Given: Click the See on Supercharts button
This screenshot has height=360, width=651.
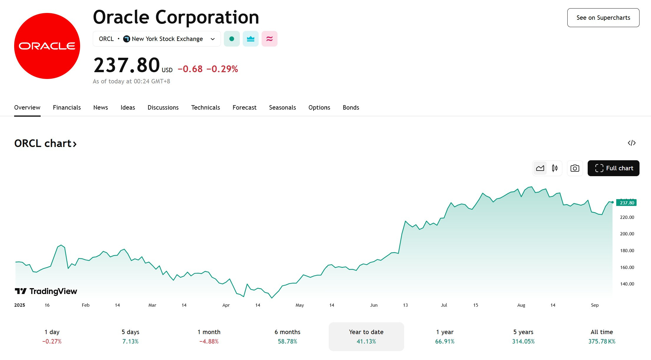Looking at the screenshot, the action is click(x=603, y=18).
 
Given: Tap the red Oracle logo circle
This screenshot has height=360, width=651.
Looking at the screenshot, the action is click(x=47, y=46).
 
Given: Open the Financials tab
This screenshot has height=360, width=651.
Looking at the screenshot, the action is click(x=67, y=108).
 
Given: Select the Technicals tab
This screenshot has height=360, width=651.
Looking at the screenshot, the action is click(x=206, y=108).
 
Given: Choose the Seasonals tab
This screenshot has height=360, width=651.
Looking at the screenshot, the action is click(x=282, y=108).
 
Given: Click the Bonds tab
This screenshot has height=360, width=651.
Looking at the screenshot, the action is click(x=351, y=108).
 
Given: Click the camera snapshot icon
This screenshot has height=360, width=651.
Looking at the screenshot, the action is click(x=575, y=168).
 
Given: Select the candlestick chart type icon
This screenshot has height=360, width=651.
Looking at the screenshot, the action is click(x=555, y=168).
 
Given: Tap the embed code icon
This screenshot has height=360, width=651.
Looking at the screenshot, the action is click(x=632, y=143).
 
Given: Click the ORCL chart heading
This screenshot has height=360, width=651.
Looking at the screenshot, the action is click(x=45, y=143).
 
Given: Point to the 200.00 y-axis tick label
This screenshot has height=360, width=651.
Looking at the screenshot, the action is click(x=627, y=234).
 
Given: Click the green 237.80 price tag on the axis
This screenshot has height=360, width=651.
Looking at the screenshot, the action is click(x=626, y=203).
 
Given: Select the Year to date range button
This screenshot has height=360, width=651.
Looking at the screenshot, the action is click(x=366, y=336).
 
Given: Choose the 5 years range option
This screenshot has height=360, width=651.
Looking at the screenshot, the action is click(x=523, y=336).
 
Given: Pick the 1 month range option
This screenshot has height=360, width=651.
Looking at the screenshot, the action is click(x=209, y=336).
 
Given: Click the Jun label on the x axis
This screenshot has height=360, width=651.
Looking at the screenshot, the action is click(x=374, y=305).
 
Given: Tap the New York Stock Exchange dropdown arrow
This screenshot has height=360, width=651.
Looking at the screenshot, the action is click(x=213, y=39).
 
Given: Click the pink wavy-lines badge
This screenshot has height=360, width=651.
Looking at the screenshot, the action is click(x=270, y=39).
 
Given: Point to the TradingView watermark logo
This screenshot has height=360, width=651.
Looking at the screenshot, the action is click(x=46, y=291).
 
